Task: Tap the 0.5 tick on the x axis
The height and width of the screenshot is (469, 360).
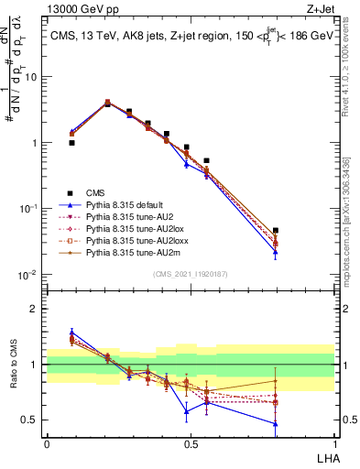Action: (x=190, y=443)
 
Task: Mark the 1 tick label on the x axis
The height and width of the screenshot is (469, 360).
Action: (x=333, y=443)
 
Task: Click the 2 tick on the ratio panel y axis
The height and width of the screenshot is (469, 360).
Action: (x=37, y=309)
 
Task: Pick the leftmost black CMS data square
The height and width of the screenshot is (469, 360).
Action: (x=72, y=143)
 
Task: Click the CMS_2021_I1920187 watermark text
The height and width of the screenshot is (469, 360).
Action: (x=190, y=275)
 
